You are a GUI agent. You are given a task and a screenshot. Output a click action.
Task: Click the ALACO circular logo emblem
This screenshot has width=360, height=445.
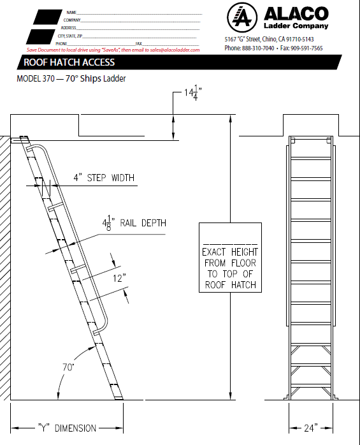coord(242,17)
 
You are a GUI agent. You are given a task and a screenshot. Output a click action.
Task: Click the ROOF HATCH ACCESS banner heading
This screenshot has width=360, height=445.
coord(69,62)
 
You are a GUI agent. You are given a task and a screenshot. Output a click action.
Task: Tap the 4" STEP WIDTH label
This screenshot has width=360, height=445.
coord(104,178)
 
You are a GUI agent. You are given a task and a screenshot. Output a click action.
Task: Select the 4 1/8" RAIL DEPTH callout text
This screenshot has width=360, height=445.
coord(134,223)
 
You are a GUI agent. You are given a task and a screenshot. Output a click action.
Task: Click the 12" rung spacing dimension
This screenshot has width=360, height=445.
coord(119,278)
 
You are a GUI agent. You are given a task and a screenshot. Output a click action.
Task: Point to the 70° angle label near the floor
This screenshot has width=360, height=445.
coord(68,367)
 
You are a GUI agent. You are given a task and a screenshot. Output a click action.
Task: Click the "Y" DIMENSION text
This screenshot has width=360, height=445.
coord(68,428)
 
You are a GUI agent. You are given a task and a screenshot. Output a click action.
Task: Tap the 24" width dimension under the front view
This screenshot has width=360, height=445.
coord(311,428)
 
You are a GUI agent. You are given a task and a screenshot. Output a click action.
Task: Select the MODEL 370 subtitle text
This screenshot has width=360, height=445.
coord(71,78)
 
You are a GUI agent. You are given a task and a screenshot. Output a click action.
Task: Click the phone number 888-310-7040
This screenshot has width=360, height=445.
coord(258,48)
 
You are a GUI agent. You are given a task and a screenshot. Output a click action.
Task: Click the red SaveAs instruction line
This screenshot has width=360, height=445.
coord(113,50)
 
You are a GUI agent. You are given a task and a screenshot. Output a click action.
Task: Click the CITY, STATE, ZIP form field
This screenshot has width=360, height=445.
coord(127,36)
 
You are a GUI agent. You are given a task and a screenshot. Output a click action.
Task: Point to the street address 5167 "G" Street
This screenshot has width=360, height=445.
coord(270,39)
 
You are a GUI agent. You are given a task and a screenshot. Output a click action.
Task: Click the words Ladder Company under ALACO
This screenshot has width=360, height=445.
coord(296,26)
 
